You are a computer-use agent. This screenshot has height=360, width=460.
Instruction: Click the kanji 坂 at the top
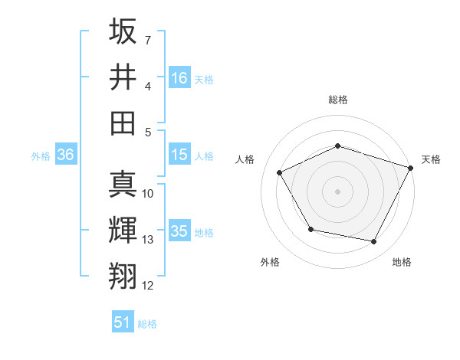pos(123,32)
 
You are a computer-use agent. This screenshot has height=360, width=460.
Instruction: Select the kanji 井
pos(123,77)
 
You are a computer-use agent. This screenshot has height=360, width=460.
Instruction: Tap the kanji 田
pos(123,122)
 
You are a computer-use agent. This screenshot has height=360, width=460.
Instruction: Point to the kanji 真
pos(123,185)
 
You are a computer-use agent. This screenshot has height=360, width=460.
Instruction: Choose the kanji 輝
pos(123,231)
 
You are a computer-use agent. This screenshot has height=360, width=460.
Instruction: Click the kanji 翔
pos(123,276)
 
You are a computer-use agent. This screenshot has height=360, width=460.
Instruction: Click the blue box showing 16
pos(179,77)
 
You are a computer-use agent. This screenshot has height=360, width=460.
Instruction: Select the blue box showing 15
pos(179,155)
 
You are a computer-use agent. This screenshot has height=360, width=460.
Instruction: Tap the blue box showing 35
pos(179,231)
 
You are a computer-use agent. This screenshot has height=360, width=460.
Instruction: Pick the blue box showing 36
pos(66,155)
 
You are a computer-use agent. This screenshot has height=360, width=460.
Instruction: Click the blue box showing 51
pos(123,322)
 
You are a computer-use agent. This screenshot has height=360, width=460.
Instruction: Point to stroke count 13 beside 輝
pos(148,240)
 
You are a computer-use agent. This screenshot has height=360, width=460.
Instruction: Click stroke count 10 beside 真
pos(148,194)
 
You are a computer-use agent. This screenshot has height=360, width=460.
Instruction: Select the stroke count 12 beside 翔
pos(148,286)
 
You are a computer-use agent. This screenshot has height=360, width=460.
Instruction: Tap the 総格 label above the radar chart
pos(338,100)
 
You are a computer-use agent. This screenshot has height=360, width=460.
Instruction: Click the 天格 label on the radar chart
pos(432,159)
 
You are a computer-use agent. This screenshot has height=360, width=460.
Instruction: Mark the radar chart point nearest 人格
pos(280,173)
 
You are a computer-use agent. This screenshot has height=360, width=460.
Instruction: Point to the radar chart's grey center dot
pos(338,191)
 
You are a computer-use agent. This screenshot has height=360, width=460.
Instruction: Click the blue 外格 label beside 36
pos(41,155)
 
